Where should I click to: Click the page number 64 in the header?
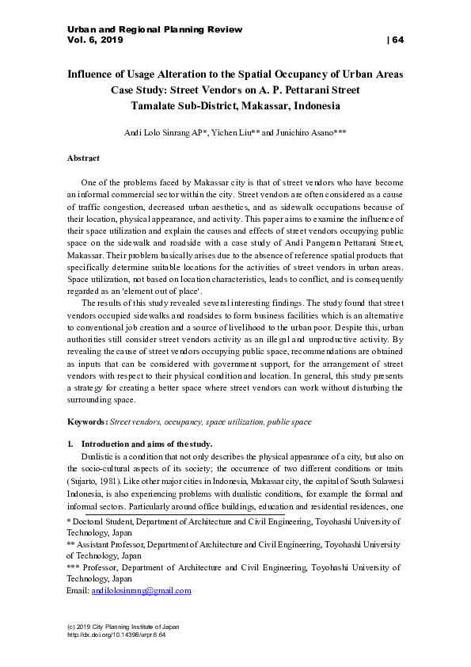(395, 40)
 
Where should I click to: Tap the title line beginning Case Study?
(235, 90)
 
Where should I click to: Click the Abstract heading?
(83, 158)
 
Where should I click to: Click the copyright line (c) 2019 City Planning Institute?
(123, 626)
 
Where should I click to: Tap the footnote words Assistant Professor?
(113, 545)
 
